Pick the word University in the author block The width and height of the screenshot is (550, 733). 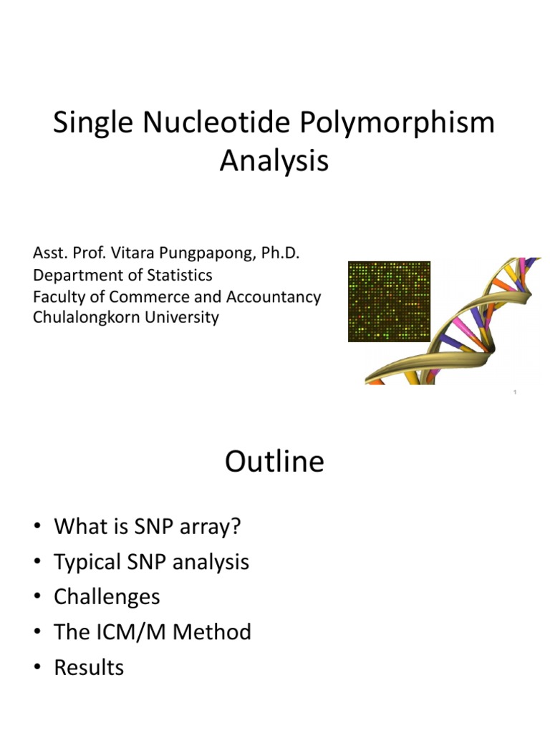pos(183,317)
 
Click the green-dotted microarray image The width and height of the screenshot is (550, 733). pos(389,301)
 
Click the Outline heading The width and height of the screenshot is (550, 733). pos(274,462)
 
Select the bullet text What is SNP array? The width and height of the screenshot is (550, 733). pos(148,527)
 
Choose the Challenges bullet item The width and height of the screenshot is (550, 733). pos(107,597)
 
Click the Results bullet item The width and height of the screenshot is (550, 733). pos(89,667)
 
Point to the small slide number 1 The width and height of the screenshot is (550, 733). pos(515,392)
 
